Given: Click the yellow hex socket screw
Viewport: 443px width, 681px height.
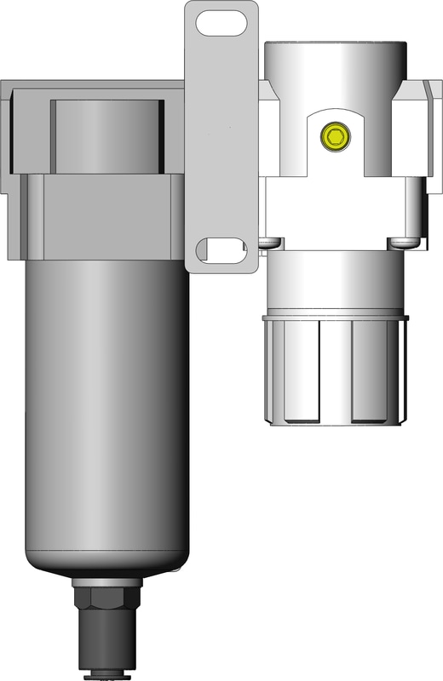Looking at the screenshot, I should [334, 135].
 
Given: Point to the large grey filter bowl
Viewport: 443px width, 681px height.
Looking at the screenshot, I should [106, 409].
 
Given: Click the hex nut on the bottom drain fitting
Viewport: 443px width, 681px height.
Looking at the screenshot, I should [106, 597].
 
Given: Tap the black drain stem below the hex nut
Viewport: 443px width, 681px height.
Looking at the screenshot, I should [106, 638].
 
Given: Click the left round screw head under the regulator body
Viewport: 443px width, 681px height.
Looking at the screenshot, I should [268, 243].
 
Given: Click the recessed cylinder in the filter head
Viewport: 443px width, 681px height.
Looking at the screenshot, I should [106, 132].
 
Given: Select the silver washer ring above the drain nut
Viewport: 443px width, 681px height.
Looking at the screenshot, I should [106, 581].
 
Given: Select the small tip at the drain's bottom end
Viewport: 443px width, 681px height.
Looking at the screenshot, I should [106, 676].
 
